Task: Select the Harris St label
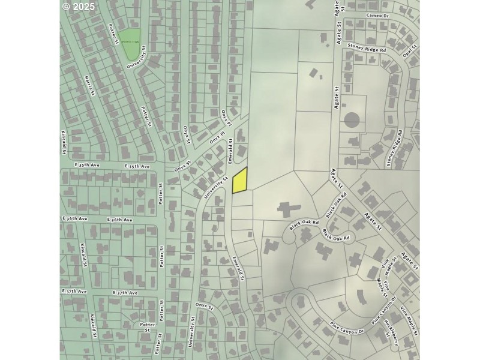click(89, 84)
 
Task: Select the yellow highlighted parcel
click(240, 181)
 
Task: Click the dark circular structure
click(352, 120)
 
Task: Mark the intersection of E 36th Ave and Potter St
click(161, 220)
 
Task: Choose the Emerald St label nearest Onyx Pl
click(230, 149)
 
